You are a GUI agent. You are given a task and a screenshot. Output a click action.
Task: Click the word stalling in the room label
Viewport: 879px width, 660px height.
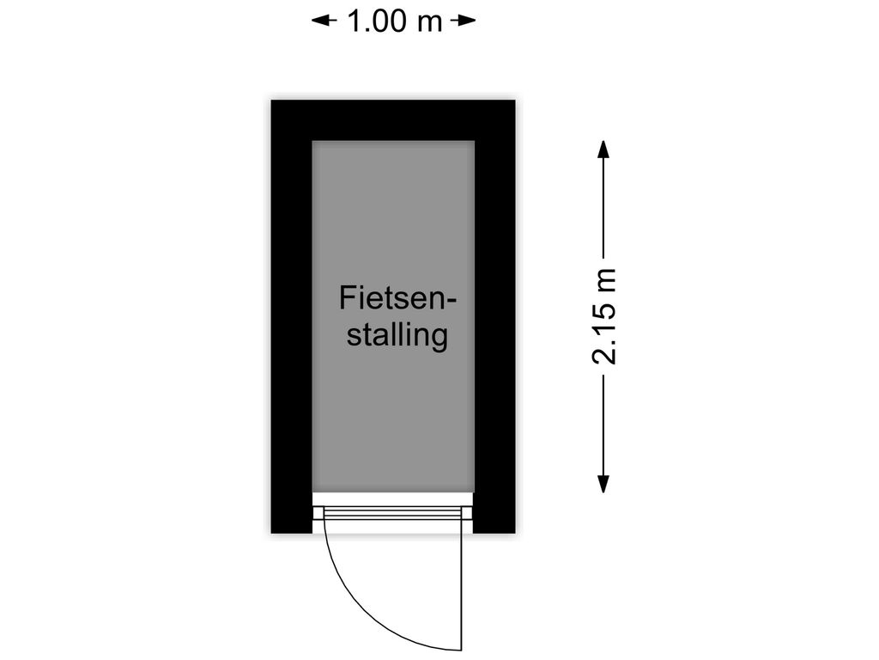[x=397, y=336]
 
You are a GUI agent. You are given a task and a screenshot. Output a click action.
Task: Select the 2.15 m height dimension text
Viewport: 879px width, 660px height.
[x=603, y=316]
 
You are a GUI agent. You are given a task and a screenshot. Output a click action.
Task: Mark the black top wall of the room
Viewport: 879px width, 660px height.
[x=393, y=120]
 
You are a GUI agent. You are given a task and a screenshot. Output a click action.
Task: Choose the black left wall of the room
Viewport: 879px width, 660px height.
[x=292, y=316]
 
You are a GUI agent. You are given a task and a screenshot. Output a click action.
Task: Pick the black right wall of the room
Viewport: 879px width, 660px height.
[x=495, y=316]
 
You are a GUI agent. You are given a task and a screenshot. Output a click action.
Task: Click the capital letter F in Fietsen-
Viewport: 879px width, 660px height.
[x=347, y=298]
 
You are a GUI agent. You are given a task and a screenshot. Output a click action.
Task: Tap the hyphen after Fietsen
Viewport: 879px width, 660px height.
[x=451, y=302]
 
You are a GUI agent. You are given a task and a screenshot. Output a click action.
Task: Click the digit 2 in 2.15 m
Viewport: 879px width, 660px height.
[x=604, y=356]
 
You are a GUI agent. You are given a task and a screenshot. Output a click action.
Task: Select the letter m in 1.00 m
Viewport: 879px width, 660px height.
[x=430, y=24]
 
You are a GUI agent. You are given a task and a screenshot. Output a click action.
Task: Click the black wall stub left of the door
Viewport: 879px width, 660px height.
[x=292, y=513]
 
